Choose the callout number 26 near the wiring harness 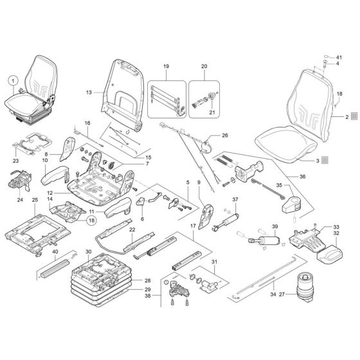(x=224, y=136)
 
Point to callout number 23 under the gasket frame (x=17, y=152)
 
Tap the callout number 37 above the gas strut (x=235, y=199)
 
